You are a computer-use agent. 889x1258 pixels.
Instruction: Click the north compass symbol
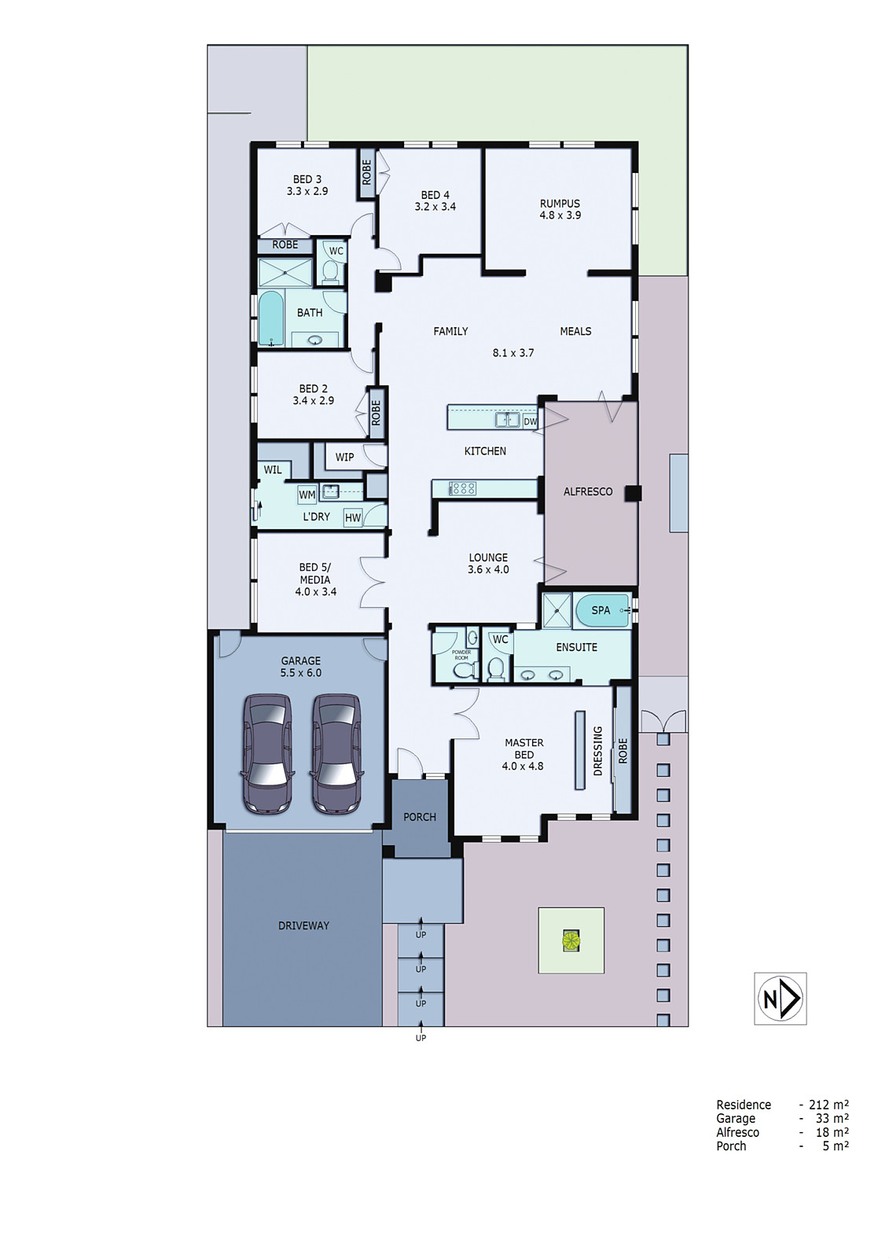click(779, 998)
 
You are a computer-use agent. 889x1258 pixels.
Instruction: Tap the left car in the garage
click(268, 752)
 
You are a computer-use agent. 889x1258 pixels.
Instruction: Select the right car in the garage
click(337, 752)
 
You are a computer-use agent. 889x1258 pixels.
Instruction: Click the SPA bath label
click(601, 610)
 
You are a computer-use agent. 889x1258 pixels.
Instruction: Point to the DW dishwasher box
click(531, 421)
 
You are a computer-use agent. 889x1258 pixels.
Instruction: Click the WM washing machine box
click(307, 495)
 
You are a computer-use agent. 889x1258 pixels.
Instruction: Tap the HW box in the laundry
click(353, 517)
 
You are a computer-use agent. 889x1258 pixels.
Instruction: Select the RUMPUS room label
click(560, 203)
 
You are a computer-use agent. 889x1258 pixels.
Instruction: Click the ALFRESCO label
click(587, 491)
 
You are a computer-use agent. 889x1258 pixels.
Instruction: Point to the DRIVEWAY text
click(303, 925)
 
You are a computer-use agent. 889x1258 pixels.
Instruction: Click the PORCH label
click(419, 817)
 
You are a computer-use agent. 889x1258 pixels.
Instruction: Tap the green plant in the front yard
click(570, 940)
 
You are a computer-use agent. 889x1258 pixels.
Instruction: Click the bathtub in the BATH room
click(271, 318)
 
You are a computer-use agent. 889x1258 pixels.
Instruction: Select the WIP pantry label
click(344, 457)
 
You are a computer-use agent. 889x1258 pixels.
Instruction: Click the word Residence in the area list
click(743, 1105)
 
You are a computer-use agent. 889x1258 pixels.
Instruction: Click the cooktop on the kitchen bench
click(463, 488)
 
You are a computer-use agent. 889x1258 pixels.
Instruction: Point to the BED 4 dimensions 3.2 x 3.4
click(435, 207)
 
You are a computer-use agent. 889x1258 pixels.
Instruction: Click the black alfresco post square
click(634, 493)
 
